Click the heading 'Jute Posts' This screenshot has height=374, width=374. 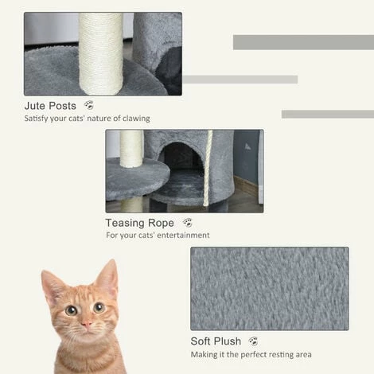click(50, 106)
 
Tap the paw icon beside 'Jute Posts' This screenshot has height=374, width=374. click(88, 105)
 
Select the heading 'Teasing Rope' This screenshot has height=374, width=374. click(139, 224)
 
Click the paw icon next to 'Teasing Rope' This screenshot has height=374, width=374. click(187, 223)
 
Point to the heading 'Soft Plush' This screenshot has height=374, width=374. click(218, 341)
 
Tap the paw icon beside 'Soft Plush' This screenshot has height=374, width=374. click(254, 341)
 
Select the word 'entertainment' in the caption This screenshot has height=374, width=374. click(182, 236)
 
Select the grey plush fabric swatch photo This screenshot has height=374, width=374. click(269, 288)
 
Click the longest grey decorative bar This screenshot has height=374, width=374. click(302, 42)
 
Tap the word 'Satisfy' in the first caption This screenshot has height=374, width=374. click(37, 119)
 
